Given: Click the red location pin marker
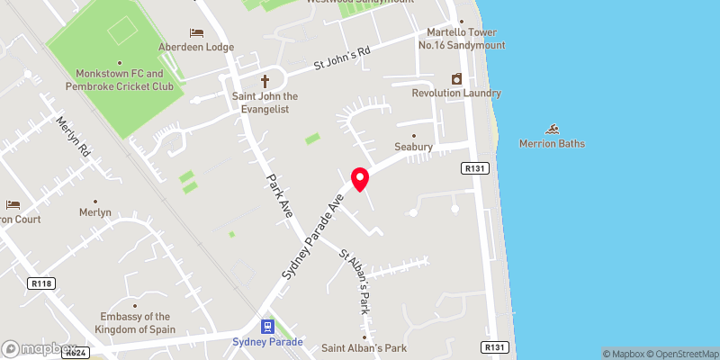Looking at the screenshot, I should pyautogui.click(x=360, y=178).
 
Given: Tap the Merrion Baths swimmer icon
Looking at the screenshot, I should pyautogui.click(x=552, y=129).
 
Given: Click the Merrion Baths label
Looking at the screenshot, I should pyautogui.click(x=552, y=144).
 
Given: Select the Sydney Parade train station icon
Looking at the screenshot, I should pyautogui.click(x=267, y=326).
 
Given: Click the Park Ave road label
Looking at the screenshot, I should pyautogui.click(x=280, y=194).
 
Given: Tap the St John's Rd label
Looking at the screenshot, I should pyautogui.click(x=342, y=59).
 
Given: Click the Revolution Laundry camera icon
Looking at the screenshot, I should pyautogui.click(x=456, y=78).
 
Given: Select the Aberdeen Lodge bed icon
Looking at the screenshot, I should pyautogui.click(x=196, y=32).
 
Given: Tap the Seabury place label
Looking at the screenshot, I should pyautogui.click(x=414, y=147).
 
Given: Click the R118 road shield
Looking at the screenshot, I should pyautogui.click(x=38, y=283).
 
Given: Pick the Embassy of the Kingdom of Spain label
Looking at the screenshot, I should pyautogui.click(x=135, y=322).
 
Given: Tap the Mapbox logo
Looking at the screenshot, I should pyautogui.click(x=39, y=348).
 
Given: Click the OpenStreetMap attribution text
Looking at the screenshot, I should pyautogui.click(x=681, y=354).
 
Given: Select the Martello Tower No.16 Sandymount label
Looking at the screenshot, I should pyautogui.click(x=461, y=39).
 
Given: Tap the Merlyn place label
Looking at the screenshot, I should pyautogui.click(x=94, y=212).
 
